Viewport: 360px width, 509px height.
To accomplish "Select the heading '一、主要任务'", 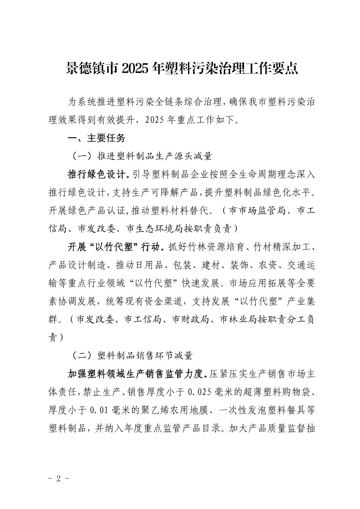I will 96,138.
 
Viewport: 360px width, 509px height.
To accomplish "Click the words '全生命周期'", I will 245,174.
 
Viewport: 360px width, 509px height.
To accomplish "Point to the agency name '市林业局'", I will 238,319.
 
